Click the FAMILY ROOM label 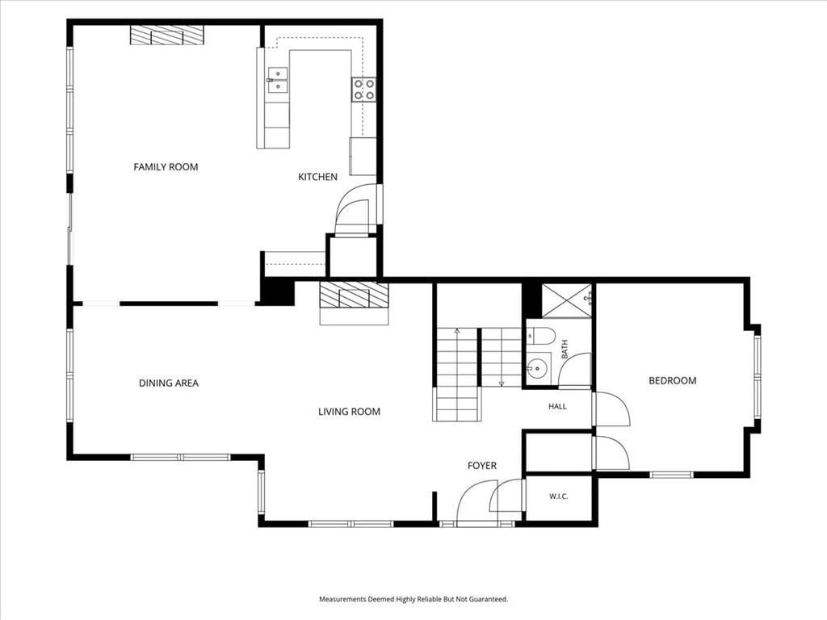166,167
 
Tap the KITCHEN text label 317,177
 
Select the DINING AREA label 169,383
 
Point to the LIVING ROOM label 349,412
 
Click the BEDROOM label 673,381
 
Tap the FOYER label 482,466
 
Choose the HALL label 557,407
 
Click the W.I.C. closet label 559,496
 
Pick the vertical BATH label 565,350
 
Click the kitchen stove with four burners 364,89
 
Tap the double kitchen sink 278,80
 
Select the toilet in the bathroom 541,335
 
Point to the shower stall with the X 567,301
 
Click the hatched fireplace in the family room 167,36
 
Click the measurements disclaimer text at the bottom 413,600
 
